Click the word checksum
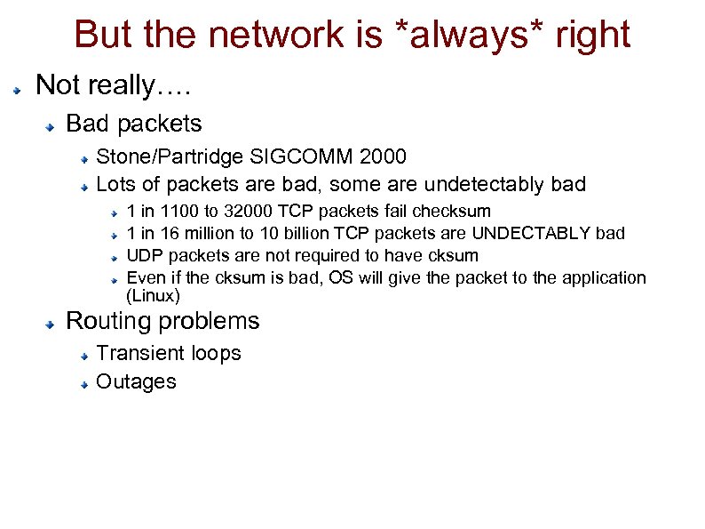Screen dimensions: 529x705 click(455, 212)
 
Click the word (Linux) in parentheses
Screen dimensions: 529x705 click(154, 296)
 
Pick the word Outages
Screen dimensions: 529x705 click(136, 382)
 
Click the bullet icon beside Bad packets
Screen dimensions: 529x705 click(54, 126)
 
